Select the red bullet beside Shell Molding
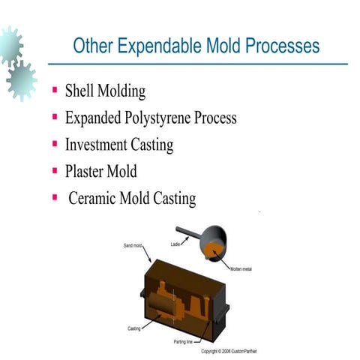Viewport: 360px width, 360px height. (x=55, y=91)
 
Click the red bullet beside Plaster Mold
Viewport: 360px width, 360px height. (x=55, y=169)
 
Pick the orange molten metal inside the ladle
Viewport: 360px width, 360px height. (x=217, y=248)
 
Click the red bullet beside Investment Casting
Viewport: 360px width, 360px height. (x=55, y=143)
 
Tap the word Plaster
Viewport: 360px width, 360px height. (x=89, y=171)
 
